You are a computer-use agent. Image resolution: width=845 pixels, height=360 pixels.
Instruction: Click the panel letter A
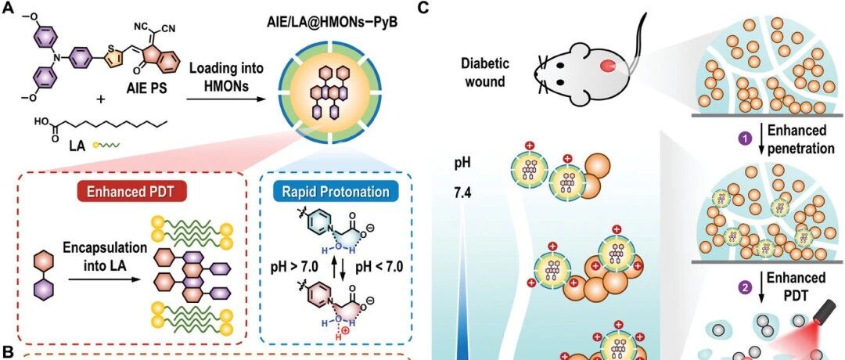click(9, 9)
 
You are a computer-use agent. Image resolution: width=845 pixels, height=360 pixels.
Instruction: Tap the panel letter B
click(8, 354)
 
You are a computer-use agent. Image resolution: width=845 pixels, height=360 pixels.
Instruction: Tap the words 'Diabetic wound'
click(484, 73)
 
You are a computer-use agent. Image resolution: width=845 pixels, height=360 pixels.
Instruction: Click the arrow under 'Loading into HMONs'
click(226, 99)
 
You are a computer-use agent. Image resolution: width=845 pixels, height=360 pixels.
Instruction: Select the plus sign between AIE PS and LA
click(101, 99)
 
